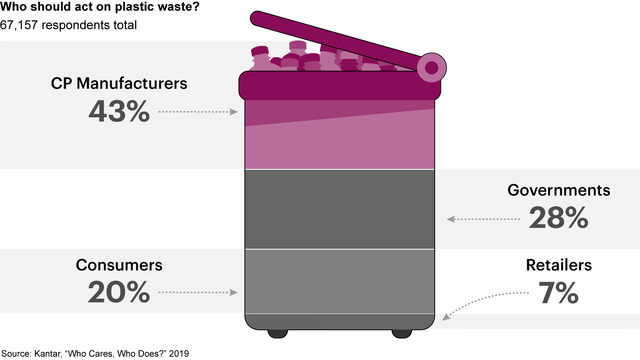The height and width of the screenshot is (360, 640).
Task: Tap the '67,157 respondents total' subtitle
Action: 68,25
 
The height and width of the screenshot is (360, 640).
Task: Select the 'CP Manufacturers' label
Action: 119,84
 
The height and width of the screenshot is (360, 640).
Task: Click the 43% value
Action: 119,112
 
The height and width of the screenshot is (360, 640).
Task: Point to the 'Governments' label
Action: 559,190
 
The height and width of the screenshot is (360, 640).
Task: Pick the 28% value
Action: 559,218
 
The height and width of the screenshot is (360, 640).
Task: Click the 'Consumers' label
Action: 119,265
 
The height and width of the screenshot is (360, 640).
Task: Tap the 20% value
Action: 119,292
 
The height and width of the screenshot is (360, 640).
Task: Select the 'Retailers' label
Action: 559,265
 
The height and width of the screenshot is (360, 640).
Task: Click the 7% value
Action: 558,292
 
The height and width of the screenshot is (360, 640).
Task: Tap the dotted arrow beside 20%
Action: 198,292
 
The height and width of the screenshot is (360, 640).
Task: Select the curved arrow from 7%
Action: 480,298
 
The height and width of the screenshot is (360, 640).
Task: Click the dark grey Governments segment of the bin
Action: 340,209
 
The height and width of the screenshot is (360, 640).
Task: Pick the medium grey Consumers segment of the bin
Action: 340,281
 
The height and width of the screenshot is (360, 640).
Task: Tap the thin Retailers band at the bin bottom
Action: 340,321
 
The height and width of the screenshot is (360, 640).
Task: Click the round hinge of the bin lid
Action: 431,68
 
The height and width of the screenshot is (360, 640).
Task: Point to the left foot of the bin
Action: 277,333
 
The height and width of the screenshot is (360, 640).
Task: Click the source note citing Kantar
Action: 95,354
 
